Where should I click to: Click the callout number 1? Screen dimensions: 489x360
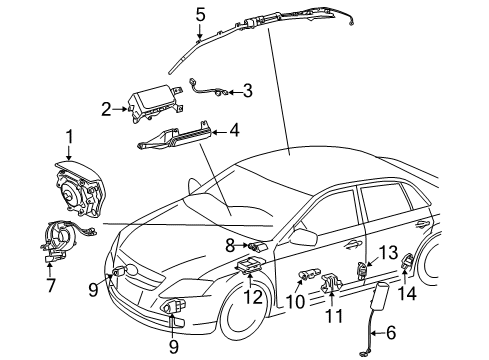coord(69,137)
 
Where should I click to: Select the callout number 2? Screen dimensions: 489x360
coord(106,109)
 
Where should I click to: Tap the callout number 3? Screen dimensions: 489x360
coord(247,90)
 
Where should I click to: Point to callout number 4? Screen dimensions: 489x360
coord(235,130)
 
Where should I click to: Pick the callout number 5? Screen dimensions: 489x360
coord(200,15)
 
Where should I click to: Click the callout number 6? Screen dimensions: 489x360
coord(390,332)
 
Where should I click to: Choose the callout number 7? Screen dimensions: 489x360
coord(51,285)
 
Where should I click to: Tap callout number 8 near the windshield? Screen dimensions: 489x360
coord(230,246)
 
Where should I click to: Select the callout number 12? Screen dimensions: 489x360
coord(253,297)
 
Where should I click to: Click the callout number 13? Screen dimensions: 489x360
coord(388,253)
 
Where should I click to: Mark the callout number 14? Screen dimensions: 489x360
coord(407,294)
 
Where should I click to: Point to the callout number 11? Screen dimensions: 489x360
coord(334,315)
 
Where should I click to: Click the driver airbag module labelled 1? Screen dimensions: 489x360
coord(78,190)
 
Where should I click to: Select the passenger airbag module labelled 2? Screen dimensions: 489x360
coord(155,103)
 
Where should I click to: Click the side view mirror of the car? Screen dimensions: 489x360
coord(303,236)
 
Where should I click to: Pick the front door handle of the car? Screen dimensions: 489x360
coord(354,246)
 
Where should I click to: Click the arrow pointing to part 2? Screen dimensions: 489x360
coord(120,109)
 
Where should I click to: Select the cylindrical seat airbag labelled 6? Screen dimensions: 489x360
coord(380,296)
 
